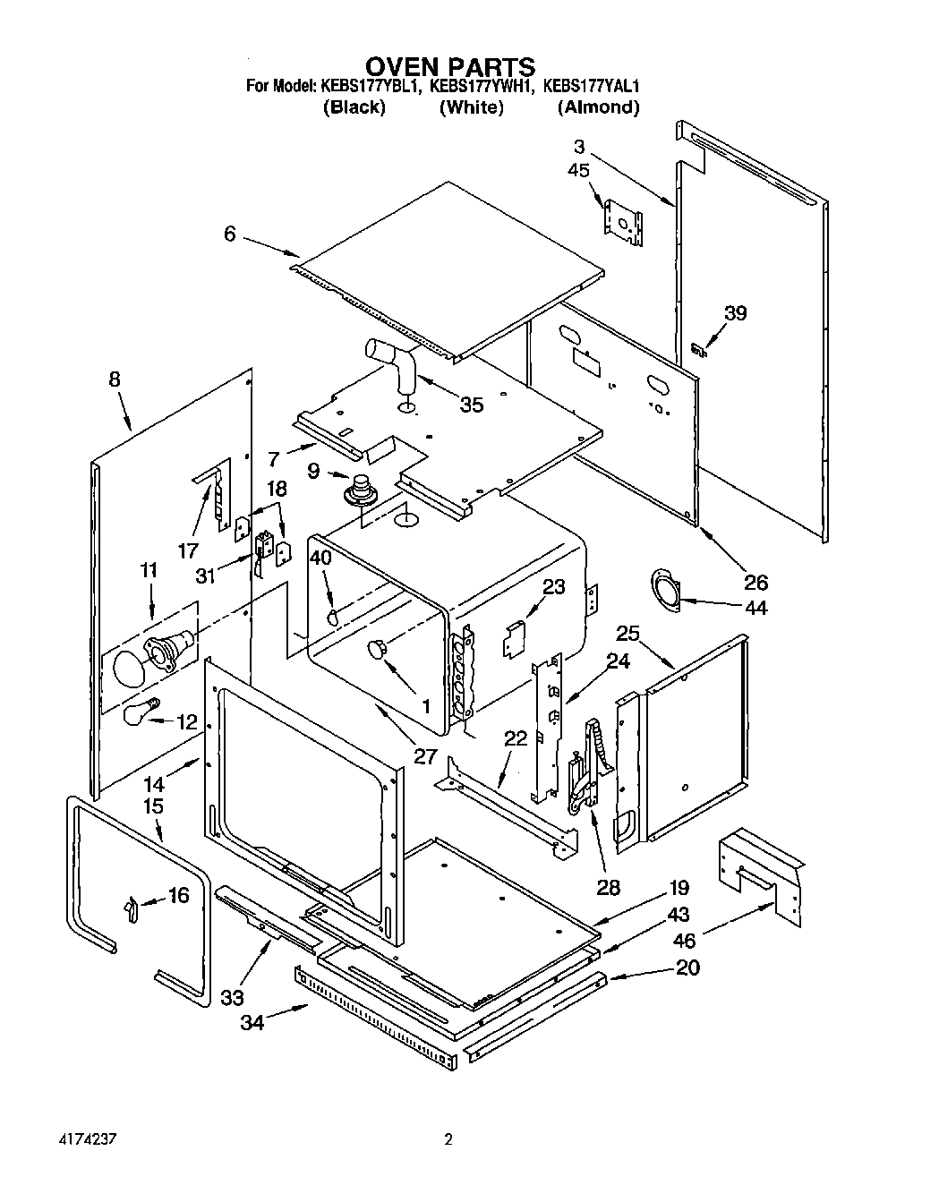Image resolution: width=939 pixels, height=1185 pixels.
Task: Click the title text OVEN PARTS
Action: (x=450, y=66)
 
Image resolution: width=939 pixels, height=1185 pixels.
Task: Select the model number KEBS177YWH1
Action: (x=482, y=87)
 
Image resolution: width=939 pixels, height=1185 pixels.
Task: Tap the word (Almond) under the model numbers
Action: (x=598, y=107)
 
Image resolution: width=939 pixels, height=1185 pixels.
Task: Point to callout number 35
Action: (x=471, y=405)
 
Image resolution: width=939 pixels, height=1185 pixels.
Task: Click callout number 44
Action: (x=755, y=608)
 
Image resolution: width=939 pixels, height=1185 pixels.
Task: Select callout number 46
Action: (x=684, y=941)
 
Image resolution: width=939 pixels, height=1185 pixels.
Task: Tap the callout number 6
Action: (x=230, y=234)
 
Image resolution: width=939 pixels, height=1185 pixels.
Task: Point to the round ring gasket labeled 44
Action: (x=665, y=592)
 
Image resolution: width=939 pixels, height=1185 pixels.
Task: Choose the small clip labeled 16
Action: (x=131, y=908)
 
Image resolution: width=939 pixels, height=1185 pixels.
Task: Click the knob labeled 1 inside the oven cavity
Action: (x=377, y=648)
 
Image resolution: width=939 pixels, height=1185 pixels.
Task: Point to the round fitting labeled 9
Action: (x=363, y=489)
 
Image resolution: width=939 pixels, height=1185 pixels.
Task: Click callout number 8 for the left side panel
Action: (x=115, y=379)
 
